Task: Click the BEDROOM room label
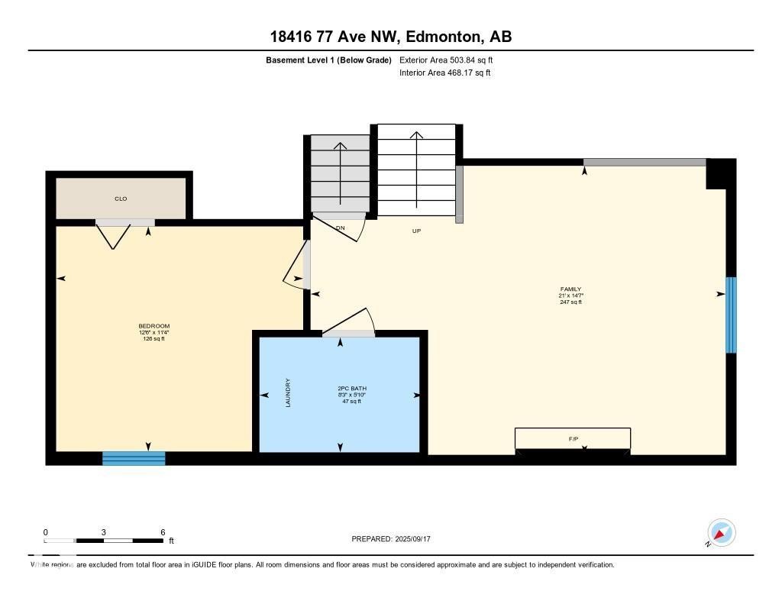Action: [153, 326]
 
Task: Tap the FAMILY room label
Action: [570, 289]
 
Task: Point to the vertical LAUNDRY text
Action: [288, 393]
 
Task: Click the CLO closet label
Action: [121, 199]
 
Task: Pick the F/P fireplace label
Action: [573, 438]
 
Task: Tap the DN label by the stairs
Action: [340, 228]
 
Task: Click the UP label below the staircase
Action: [416, 231]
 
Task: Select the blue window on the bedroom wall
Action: [134, 458]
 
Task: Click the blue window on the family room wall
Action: [730, 315]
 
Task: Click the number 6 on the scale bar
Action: [163, 531]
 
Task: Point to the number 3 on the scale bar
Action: [103, 531]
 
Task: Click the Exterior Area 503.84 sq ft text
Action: [451, 60]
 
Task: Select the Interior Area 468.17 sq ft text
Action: [444, 73]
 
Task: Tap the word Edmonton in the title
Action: [443, 37]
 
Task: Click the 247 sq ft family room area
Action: [570, 302]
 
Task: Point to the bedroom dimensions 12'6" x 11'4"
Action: [153, 332]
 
